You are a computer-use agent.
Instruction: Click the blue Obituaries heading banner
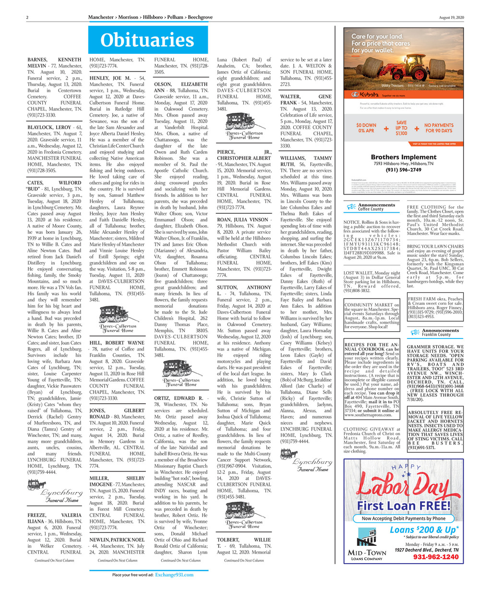148,39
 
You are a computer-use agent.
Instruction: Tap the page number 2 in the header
28,17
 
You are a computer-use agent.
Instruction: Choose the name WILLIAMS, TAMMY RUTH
305,160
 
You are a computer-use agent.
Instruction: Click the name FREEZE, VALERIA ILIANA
54,517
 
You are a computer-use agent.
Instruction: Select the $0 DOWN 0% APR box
366,128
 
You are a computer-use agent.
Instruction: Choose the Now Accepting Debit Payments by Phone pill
403,519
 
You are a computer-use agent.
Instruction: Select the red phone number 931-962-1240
436,557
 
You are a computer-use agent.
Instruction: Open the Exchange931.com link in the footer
175,575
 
